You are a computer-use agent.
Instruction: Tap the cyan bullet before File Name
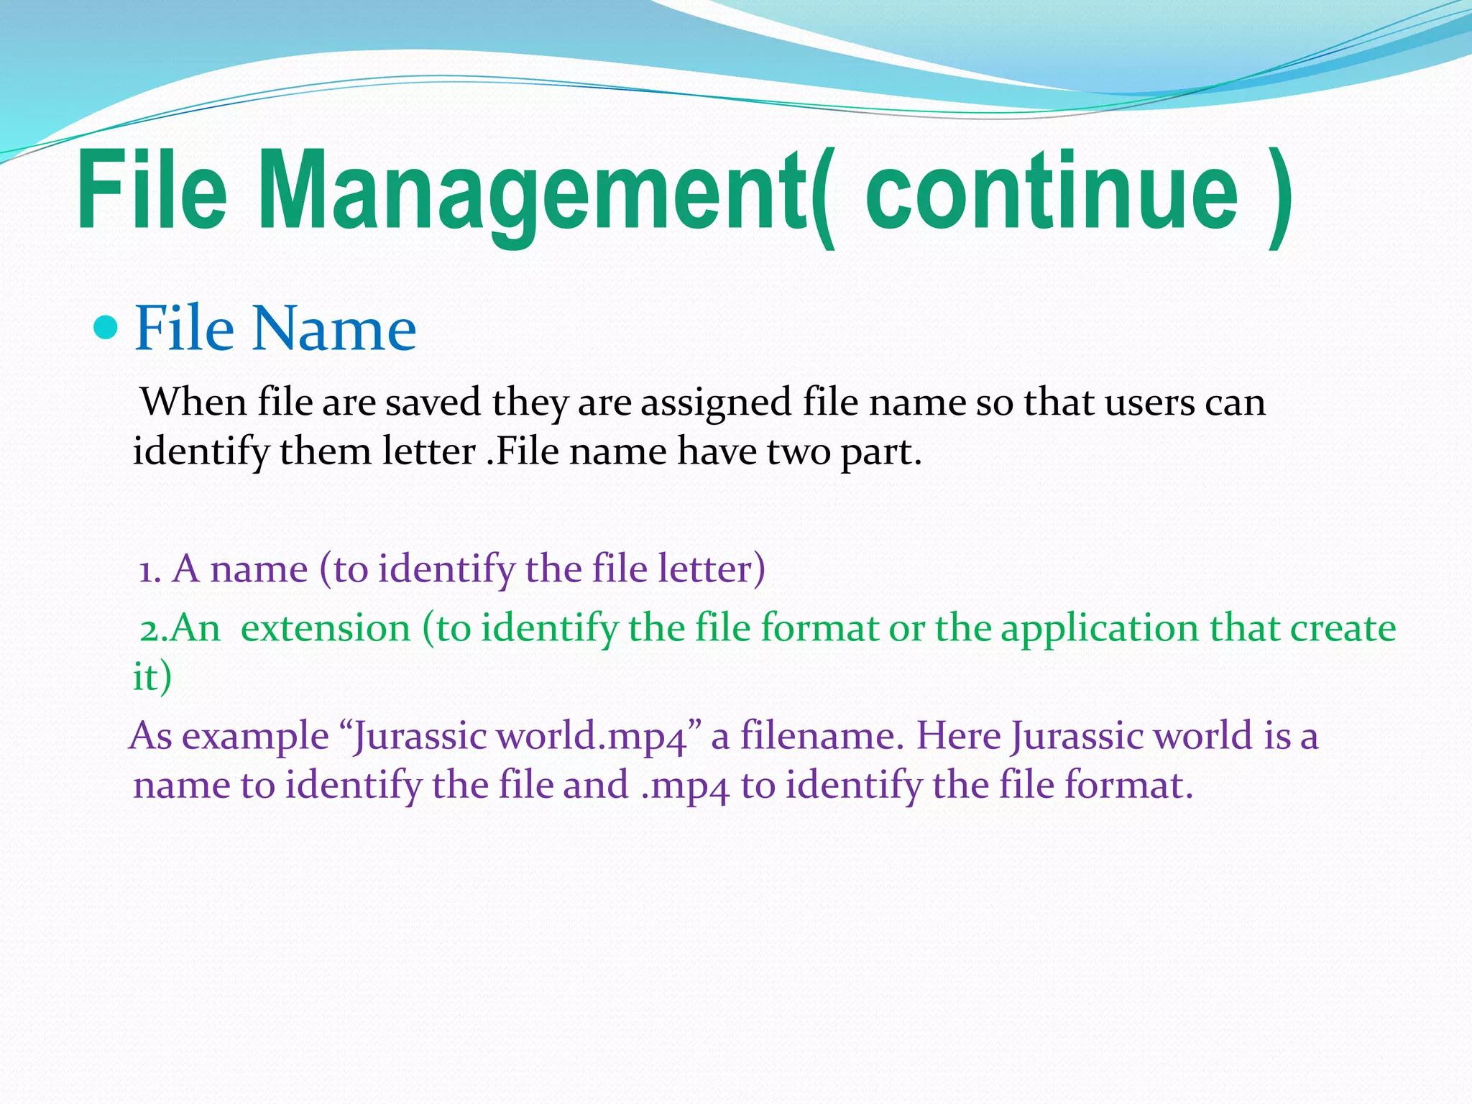click(x=105, y=328)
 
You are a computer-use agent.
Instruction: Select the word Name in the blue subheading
click(x=334, y=328)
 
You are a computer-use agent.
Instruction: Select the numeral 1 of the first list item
click(x=147, y=571)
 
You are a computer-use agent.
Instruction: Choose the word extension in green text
click(x=326, y=629)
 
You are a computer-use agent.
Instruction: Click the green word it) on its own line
click(x=152, y=678)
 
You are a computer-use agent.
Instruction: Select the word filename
click(x=822, y=736)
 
